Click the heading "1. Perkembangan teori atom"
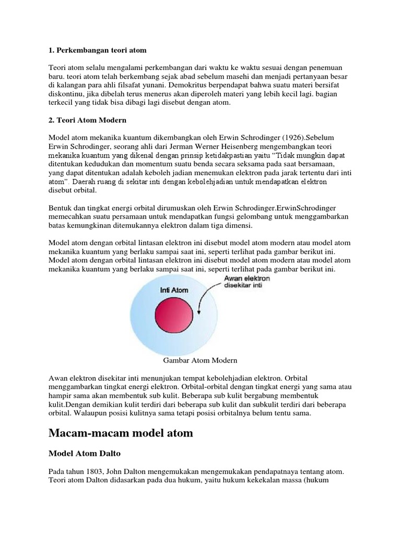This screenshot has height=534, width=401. point(98,50)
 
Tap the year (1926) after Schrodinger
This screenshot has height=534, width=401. point(282,137)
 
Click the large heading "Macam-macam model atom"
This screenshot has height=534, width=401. point(121,432)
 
